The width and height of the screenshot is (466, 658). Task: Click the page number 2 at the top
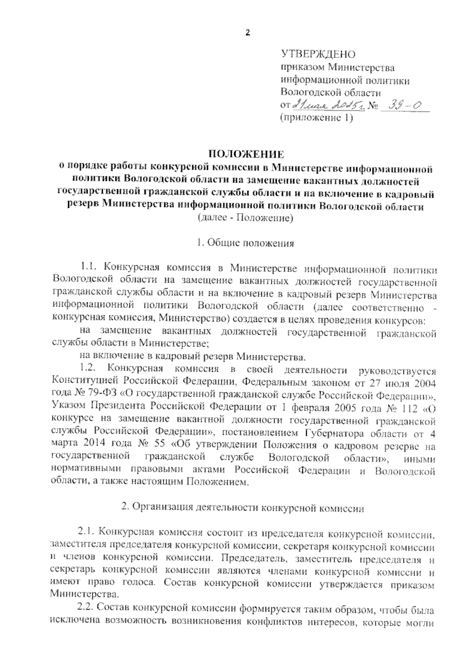pyautogui.click(x=248, y=33)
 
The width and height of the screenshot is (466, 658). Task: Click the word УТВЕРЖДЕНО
pyautogui.click(x=318, y=54)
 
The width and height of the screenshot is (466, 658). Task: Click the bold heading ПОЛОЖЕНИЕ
pyautogui.click(x=245, y=154)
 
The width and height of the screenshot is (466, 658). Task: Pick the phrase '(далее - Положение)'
pyautogui.click(x=245, y=218)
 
